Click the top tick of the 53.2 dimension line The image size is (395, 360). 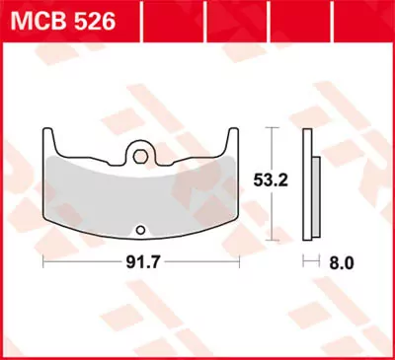pyautogui.click(x=272, y=129)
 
